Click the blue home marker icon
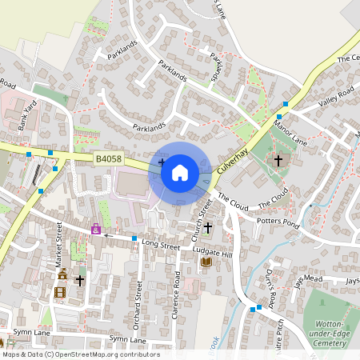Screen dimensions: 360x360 coord(180,172)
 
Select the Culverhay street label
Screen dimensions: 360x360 coord(234,156)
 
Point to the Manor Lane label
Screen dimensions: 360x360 coord(290,133)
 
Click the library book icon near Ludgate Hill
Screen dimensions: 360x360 coord(206,262)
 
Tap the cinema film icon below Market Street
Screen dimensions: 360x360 coord(59,292)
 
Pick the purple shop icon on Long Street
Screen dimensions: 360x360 coord(96,230)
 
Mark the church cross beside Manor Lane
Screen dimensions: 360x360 coord(278,161)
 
